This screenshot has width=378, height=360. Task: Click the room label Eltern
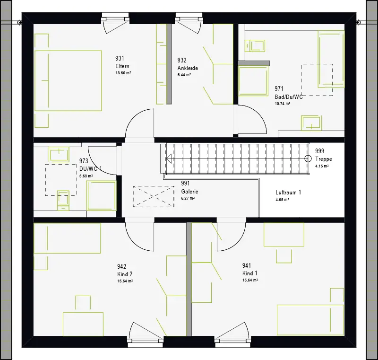122,66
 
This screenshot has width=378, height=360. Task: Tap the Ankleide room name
188,68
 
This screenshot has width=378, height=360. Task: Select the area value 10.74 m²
283,104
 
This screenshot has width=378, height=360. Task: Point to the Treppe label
324,159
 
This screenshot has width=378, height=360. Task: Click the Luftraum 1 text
288,193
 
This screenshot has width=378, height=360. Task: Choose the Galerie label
190,192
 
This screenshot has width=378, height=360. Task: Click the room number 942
122,266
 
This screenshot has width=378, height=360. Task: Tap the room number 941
247,265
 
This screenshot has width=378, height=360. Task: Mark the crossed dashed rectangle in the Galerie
153,196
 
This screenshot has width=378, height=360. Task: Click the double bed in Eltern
68,80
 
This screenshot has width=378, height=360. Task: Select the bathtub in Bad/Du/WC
331,59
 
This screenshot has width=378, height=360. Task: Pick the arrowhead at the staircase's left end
169,159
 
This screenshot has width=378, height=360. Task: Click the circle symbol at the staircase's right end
308,158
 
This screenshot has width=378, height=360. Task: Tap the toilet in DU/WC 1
63,200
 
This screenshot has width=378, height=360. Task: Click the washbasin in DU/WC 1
59,154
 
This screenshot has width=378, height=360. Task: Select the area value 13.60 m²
123,73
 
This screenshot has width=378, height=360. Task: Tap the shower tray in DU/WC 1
102,196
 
